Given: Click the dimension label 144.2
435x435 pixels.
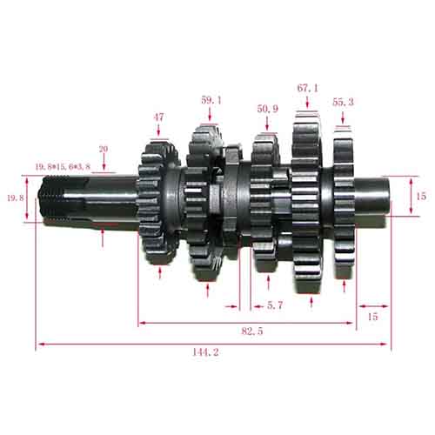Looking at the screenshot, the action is click(x=205, y=352).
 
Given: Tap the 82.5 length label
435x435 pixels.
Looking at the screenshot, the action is click(x=252, y=331).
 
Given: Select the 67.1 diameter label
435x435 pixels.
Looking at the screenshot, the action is click(x=307, y=88).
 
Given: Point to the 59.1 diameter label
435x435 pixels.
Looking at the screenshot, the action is click(x=211, y=100).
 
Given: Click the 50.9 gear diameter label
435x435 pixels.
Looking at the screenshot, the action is click(x=267, y=109).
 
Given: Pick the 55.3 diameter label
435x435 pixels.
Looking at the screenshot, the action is click(x=343, y=102).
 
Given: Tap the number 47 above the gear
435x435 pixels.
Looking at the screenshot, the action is click(x=158, y=117).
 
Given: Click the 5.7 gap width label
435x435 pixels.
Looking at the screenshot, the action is click(x=274, y=305).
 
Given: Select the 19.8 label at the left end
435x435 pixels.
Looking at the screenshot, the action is click(x=16, y=198).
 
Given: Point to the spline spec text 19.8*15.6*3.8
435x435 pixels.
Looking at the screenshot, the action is click(x=63, y=167).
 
